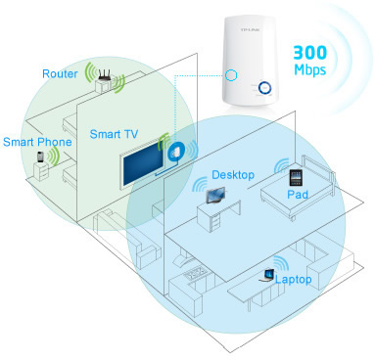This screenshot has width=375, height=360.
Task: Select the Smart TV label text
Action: (114, 131)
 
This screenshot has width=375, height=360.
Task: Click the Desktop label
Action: (234, 175)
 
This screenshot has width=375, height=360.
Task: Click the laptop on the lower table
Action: (263, 276)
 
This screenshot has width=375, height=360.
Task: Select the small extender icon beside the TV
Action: (177, 152)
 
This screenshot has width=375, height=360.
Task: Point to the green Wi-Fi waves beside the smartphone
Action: (54, 154)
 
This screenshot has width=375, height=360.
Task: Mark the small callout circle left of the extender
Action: (232, 75)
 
